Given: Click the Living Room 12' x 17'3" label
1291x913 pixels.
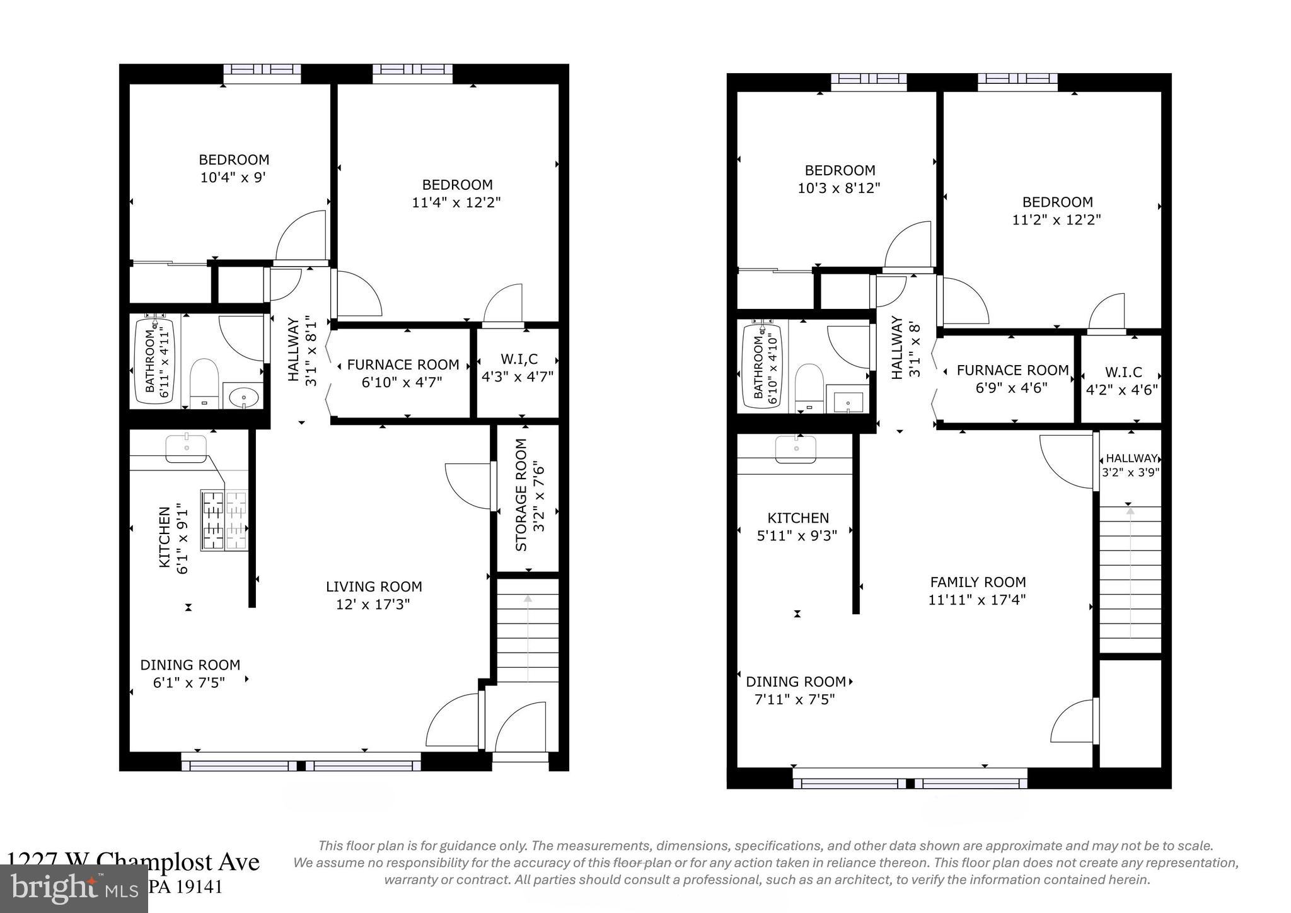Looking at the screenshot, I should coord(374,595).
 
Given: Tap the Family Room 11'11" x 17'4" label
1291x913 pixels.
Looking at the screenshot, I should coord(977,591).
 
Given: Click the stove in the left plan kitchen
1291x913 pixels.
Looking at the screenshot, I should coord(224,520).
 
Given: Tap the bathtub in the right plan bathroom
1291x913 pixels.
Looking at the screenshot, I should coord(762,365).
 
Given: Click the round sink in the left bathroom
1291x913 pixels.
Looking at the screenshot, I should coord(243,397).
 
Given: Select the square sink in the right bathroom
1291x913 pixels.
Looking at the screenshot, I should coord(848,402).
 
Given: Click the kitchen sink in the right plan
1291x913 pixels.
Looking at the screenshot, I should coord(797,448).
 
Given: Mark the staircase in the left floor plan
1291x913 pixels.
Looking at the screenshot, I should coord(528,631).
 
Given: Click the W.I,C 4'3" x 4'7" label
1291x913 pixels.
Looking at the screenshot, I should coord(518,368).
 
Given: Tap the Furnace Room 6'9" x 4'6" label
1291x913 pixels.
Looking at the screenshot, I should coord(1012,379).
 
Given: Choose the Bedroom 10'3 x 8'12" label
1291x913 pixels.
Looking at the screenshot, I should coord(839,179).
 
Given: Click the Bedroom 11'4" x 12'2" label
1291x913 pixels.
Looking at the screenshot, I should coord(457,193).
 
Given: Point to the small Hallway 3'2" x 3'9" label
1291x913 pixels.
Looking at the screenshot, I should coord(1131,465).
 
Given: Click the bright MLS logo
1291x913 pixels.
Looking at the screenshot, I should coord(74,888).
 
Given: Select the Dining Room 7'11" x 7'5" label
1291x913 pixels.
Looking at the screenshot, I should coord(796,690).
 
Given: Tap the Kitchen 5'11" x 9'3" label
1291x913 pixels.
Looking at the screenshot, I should coord(797,526).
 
